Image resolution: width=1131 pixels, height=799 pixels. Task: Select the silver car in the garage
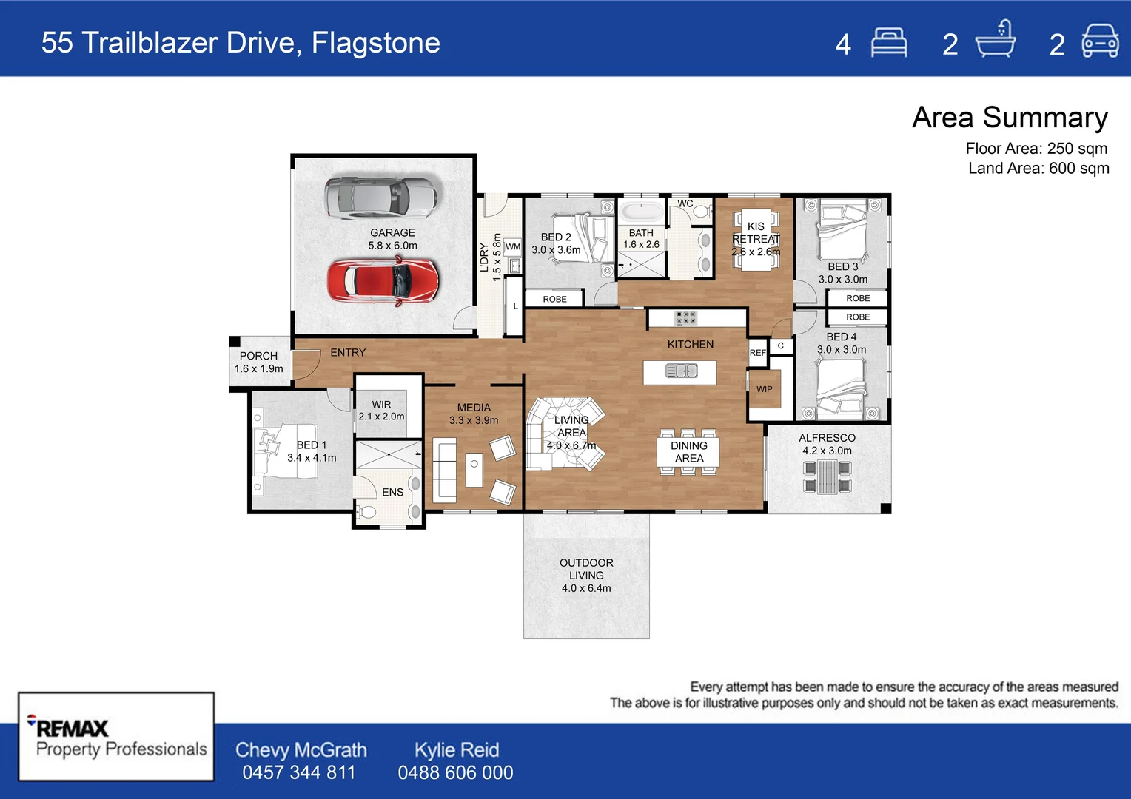point(380,198)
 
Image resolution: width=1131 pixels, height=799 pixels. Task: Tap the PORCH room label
point(258,356)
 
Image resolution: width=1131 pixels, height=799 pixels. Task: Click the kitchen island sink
point(682,371)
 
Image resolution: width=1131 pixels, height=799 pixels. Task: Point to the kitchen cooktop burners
point(685,317)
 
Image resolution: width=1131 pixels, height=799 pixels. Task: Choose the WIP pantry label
point(764,389)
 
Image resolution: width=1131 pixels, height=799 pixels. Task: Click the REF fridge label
point(757,353)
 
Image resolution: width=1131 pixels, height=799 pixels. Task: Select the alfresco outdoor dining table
point(827,476)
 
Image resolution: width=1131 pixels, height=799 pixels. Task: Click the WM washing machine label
point(513,247)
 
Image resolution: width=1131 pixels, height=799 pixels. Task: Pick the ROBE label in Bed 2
point(554,299)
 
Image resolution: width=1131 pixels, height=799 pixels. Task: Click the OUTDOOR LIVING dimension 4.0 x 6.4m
point(586,588)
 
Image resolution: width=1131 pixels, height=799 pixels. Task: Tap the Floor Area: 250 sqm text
point(1036,148)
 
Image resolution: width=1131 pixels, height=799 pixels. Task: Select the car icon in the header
point(1100,42)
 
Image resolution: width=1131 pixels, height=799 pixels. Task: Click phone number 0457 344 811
point(299,772)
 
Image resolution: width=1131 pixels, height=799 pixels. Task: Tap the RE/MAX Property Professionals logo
point(116,738)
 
